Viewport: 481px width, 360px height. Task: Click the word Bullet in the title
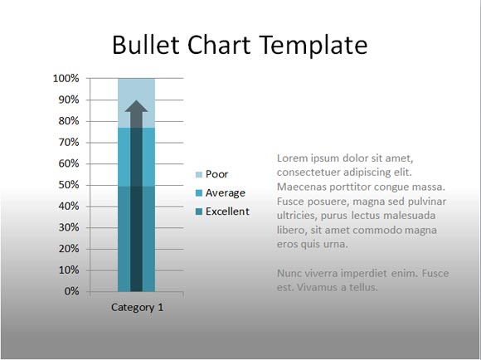point(146,45)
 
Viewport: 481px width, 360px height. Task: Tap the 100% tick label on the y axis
point(66,79)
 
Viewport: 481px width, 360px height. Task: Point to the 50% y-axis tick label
point(69,185)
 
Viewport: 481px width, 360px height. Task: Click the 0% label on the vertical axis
point(72,291)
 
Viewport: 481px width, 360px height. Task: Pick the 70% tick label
point(69,143)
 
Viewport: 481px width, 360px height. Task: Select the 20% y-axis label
point(69,249)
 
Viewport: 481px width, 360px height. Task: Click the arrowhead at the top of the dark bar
point(136,106)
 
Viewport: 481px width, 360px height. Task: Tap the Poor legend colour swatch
point(199,175)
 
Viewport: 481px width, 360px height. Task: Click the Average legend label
point(226,193)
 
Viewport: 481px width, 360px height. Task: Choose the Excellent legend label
point(227,212)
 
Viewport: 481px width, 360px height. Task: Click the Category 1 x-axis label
point(137,308)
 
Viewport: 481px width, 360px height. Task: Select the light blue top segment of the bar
point(136,103)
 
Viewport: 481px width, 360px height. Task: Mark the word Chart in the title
point(219,45)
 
